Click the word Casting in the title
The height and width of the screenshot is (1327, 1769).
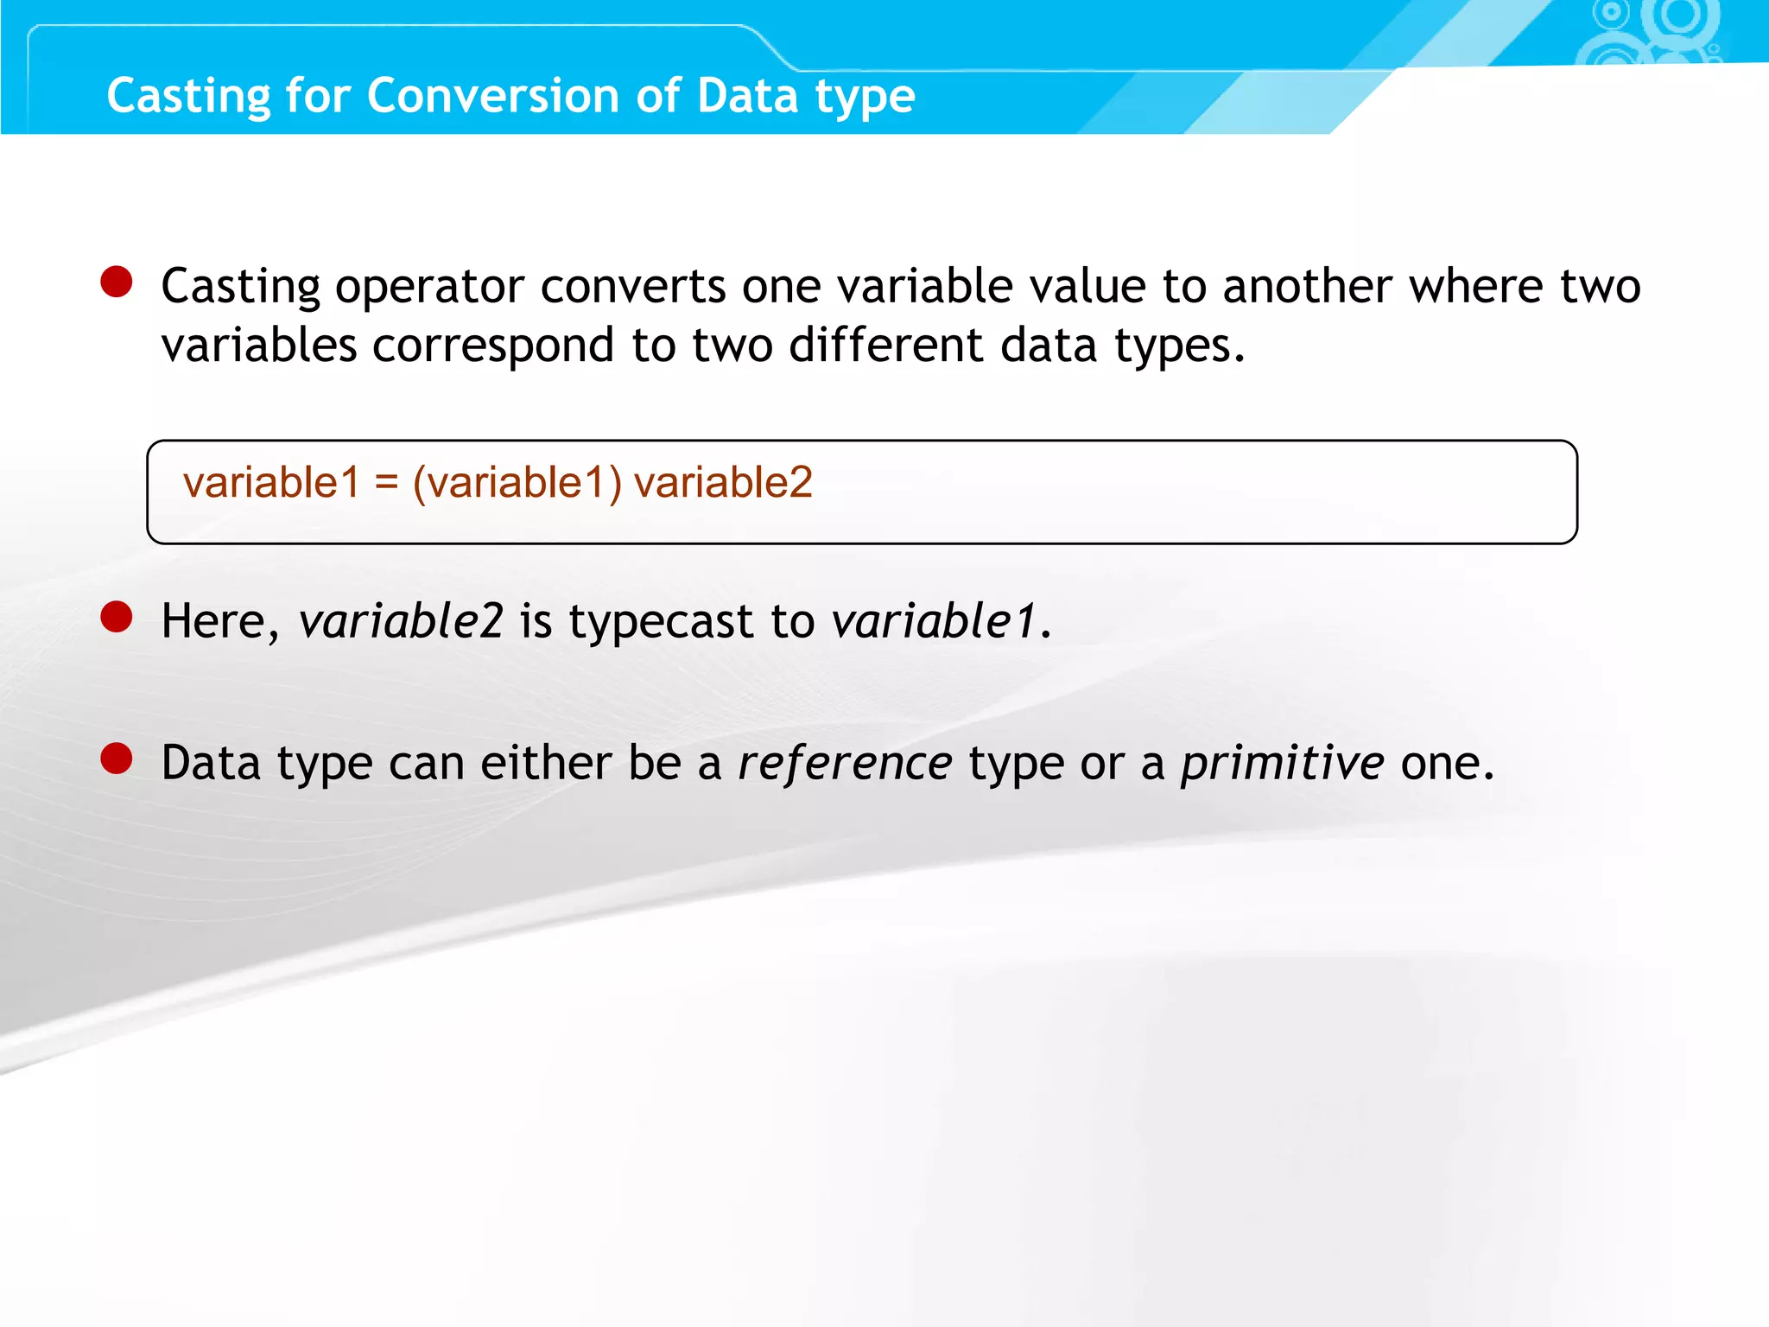coord(188,96)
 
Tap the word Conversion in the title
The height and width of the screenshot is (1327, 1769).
coord(493,96)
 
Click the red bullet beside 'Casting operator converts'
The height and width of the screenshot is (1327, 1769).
coord(117,282)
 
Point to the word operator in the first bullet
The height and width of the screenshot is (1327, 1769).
coord(429,288)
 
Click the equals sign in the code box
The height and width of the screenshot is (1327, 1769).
coord(386,482)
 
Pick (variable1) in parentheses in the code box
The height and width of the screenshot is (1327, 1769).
coord(517,482)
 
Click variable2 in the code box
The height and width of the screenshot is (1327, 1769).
coord(723,482)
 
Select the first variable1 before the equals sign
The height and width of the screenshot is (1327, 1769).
coord(271,482)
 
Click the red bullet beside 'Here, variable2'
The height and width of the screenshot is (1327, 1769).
coord(117,617)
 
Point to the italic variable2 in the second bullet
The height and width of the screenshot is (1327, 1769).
coord(401,621)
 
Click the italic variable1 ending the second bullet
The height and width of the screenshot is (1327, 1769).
coord(934,621)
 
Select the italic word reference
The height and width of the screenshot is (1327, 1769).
coord(845,763)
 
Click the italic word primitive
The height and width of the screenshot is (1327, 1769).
coord(1283,763)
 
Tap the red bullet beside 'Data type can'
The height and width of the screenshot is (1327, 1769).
coord(117,759)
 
